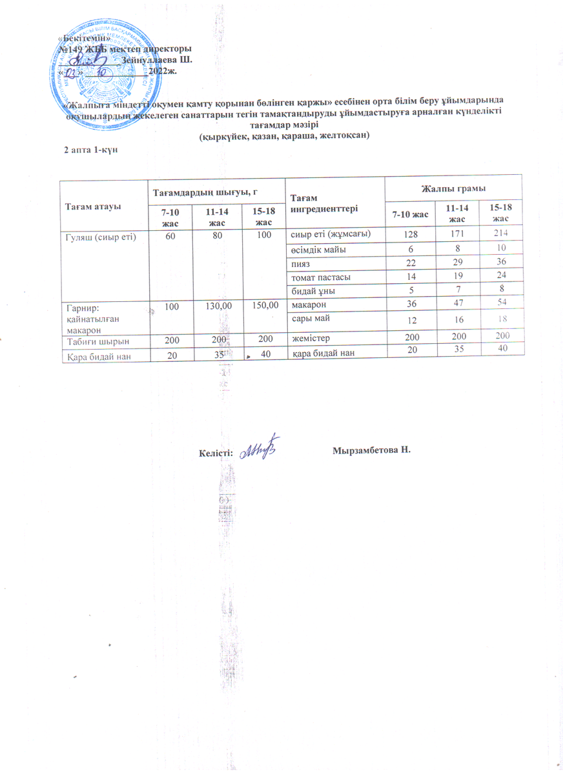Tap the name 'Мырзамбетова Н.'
pyautogui.click(x=371, y=449)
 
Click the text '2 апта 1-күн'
pyautogui.click(x=90, y=149)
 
